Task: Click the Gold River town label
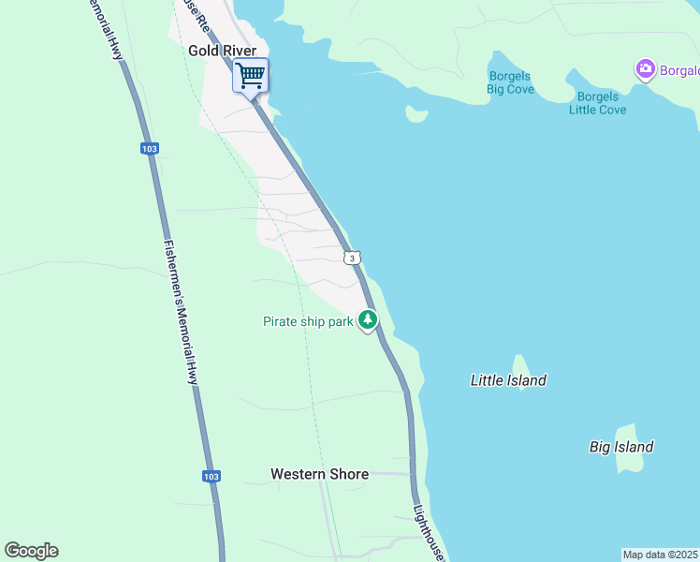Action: (222, 50)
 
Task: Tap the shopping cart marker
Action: (251, 75)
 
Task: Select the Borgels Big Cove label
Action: (509, 82)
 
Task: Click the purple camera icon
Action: (644, 69)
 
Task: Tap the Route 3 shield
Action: (351, 258)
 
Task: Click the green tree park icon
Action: (369, 320)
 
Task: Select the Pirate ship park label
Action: (307, 322)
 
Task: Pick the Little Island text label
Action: (508, 380)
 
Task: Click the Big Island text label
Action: (621, 447)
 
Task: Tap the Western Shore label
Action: (319, 474)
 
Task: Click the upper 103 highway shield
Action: (150, 148)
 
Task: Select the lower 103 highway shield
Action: (211, 476)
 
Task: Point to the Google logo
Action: (31, 551)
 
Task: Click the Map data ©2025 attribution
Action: (660, 555)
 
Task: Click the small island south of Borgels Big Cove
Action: (416, 114)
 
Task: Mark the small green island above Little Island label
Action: (520, 364)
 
